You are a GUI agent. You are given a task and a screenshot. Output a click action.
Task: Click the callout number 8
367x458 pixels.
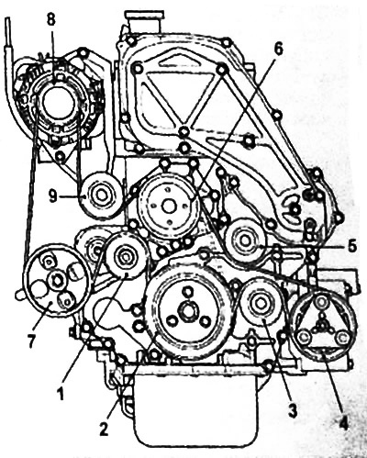coord(51,21)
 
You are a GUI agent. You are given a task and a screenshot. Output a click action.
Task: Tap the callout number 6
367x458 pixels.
coord(278,49)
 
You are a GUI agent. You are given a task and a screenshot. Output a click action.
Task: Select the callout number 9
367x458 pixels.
coord(53,197)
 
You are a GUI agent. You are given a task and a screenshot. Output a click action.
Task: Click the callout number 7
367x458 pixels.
coord(31,341)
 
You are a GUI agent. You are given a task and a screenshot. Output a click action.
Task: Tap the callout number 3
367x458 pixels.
coord(293,412)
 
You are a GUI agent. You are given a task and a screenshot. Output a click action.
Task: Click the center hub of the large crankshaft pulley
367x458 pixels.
coord(187,312)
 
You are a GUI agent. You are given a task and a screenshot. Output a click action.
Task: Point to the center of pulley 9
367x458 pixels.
coord(100,195)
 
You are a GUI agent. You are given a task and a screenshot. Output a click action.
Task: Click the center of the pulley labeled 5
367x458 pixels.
coord(244,240)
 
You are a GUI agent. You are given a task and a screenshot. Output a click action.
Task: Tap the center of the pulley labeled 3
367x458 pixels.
coord(261,304)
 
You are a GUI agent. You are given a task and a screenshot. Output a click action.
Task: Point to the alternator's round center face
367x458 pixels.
coord(58,102)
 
